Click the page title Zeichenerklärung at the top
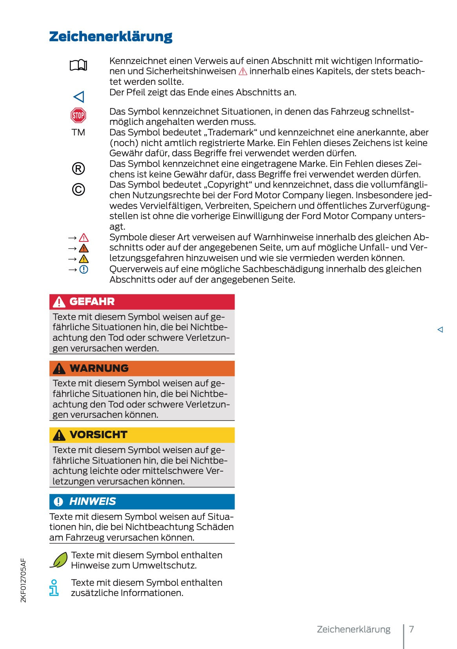click(x=111, y=37)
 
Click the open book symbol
click(x=78, y=65)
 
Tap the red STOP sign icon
click(x=78, y=115)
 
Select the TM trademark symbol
click(x=78, y=132)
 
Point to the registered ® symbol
click(x=78, y=169)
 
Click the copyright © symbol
click(x=78, y=190)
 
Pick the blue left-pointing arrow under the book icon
click(x=79, y=97)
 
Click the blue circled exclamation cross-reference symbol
click(x=84, y=269)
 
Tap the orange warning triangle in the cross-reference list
click(x=84, y=249)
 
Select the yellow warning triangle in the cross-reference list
click(x=84, y=259)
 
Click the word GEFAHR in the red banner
click(x=92, y=302)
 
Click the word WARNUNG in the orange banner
click(x=99, y=368)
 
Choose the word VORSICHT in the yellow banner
click(x=98, y=435)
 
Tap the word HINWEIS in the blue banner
click(x=93, y=501)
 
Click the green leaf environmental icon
click(x=59, y=560)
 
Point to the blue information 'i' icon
click(x=54, y=588)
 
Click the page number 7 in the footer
click(x=411, y=629)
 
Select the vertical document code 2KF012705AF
click(x=24, y=580)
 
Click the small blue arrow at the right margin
click(x=440, y=329)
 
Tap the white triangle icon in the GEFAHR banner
click(x=59, y=302)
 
